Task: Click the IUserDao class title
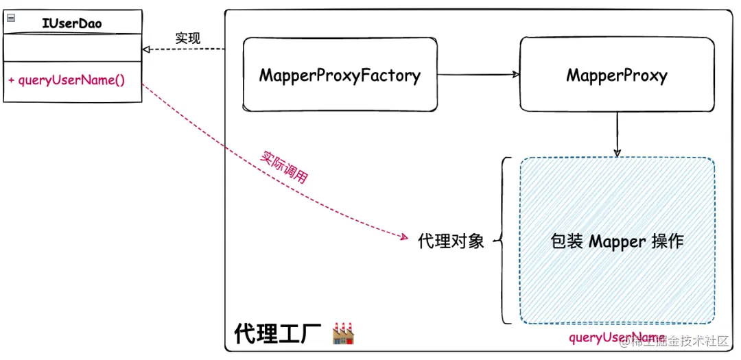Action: pyautogui.click(x=72, y=23)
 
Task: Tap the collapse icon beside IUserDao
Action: pyautogui.click(x=10, y=19)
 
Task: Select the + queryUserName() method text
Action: pyautogui.click(x=67, y=80)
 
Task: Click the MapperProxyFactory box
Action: pyautogui.click(x=340, y=75)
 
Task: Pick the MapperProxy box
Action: pyautogui.click(x=616, y=75)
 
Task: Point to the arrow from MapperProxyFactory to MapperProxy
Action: pyautogui.click(x=478, y=74)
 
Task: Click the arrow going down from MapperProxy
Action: pyautogui.click(x=617, y=134)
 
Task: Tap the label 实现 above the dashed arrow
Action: pyautogui.click(x=187, y=38)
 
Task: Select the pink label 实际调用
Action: pyautogui.click(x=283, y=166)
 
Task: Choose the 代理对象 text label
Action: pyautogui.click(x=451, y=241)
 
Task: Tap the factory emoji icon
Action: pyautogui.click(x=342, y=333)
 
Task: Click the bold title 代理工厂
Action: pyautogui.click(x=277, y=334)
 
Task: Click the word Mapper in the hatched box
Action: pyautogui.click(x=617, y=241)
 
